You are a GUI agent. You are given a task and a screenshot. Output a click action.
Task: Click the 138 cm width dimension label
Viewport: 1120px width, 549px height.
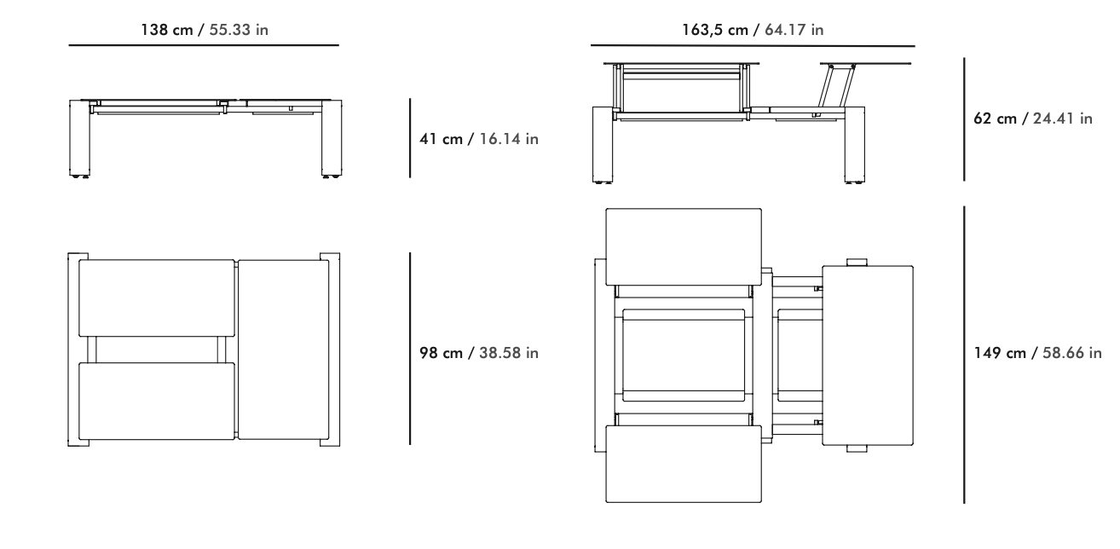click(x=205, y=30)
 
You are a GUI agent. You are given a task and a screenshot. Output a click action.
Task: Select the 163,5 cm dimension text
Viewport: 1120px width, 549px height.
click(x=753, y=30)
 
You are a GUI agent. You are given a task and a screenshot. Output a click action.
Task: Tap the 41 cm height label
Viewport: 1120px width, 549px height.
click(x=479, y=138)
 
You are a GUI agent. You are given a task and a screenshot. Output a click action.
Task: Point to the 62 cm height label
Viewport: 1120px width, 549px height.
click(x=1033, y=118)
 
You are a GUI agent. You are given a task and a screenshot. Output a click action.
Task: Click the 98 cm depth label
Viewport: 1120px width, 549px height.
click(x=479, y=352)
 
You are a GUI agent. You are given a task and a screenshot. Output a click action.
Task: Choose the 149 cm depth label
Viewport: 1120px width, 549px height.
click(x=1038, y=352)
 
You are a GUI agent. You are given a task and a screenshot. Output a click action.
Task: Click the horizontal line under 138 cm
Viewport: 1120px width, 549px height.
click(x=204, y=45)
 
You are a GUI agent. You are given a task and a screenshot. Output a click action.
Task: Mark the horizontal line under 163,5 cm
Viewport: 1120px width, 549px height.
click(x=753, y=45)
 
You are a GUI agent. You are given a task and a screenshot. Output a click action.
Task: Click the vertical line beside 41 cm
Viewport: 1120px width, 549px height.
click(x=410, y=138)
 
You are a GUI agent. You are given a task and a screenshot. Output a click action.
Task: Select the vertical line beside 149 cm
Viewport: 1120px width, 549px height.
click(x=964, y=355)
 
